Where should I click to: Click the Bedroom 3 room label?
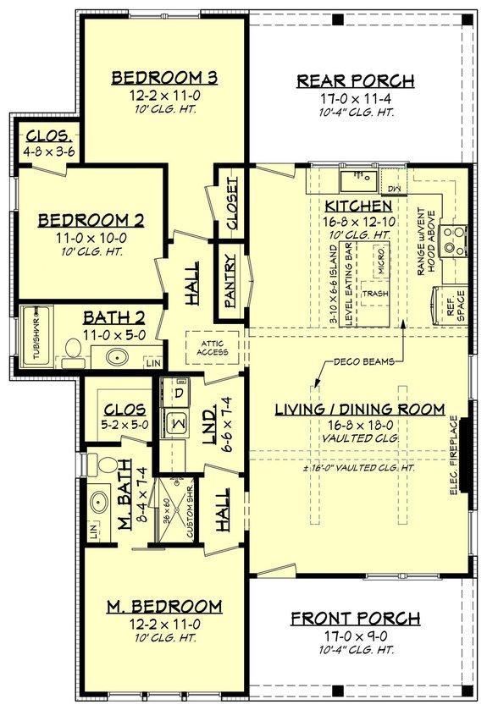165,78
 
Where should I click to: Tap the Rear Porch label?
356,81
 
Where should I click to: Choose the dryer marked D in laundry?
179,394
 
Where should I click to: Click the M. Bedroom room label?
165,606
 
